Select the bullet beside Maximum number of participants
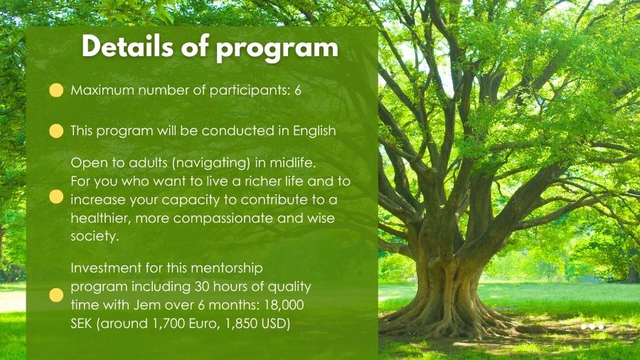56,90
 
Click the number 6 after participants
297,90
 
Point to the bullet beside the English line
56,131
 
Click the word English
314,132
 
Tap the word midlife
293,163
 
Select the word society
95,237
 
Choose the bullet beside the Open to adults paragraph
56,197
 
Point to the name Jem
177,305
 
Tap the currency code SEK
81,324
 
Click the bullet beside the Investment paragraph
56,295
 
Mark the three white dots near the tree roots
592,327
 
